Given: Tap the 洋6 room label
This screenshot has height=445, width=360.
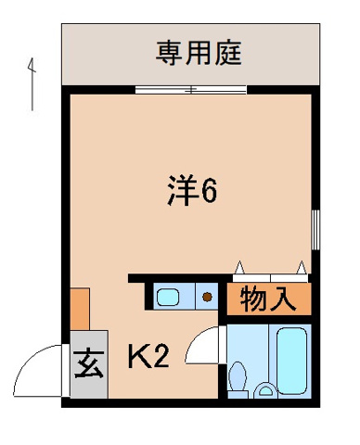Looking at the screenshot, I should point(192,193).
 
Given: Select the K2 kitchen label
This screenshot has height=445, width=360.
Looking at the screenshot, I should point(148,356).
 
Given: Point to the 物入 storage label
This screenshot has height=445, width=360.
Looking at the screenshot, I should point(269,299).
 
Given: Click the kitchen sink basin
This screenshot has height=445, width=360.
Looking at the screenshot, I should point(169,297).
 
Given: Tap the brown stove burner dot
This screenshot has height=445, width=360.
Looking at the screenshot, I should point(208,298).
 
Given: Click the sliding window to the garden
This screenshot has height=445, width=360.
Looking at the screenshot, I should point(190,90).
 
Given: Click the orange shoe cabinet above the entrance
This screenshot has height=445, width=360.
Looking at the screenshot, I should point(79,309).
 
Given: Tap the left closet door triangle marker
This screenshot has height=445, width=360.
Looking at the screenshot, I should point(240,268).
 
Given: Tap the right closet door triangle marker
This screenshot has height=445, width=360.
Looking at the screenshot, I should point(301,268).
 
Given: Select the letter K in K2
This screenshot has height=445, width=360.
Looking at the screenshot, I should point(138,356).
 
